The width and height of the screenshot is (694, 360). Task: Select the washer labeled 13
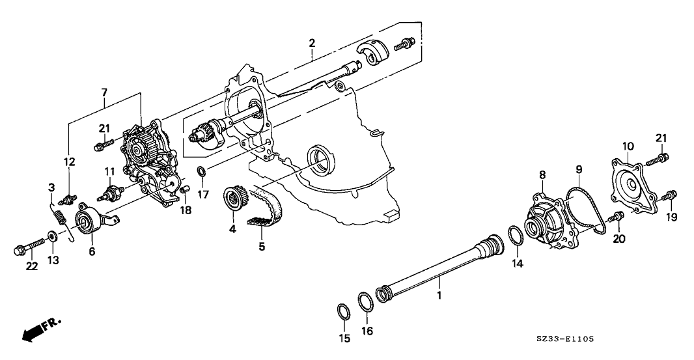click(51, 236)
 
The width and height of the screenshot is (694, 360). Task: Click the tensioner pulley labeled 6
click(87, 223)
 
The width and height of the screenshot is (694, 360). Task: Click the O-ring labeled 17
click(202, 172)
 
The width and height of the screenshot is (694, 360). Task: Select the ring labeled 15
click(343, 309)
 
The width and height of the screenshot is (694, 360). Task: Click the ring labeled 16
click(367, 303)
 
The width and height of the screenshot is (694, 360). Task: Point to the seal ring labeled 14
click(514, 235)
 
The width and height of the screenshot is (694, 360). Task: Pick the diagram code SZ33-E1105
click(566, 339)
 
